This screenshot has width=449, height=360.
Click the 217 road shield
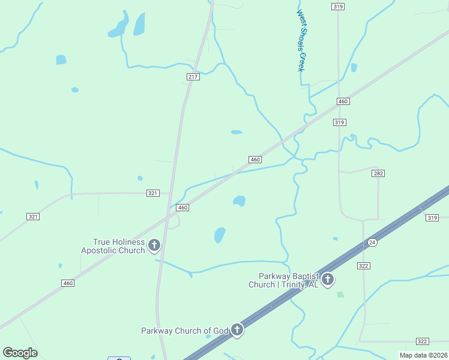pyautogui.click(x=193, y=77)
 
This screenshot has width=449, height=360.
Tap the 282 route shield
pyautogui.click(x=378, y=173)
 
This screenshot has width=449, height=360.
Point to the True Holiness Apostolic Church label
pyautogui.click(x=113, y=246)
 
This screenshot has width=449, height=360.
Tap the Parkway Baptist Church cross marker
pyautogui.click(x=327, y=278)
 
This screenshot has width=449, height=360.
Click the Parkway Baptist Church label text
pyautogui.click(x=283, y=280)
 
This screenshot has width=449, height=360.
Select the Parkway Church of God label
pyautogui.click(x=185, y=331)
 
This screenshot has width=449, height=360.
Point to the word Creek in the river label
pyautogui.click(x=301, y=62)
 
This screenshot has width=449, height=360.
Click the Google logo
pyautogui.click(x=20, y=352)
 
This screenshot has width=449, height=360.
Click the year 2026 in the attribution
pyautogui.click(x=438, y=355)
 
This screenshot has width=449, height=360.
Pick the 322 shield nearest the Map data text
pyautogui.click(x=422, y=341)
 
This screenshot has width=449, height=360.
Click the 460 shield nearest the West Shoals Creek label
pyautogui.click(x=343, y=101)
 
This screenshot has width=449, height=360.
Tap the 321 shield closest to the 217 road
pyautogui.click(x=152, y=193)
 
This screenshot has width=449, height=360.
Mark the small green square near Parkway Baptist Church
pyautogui.click(x=340, y=295)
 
